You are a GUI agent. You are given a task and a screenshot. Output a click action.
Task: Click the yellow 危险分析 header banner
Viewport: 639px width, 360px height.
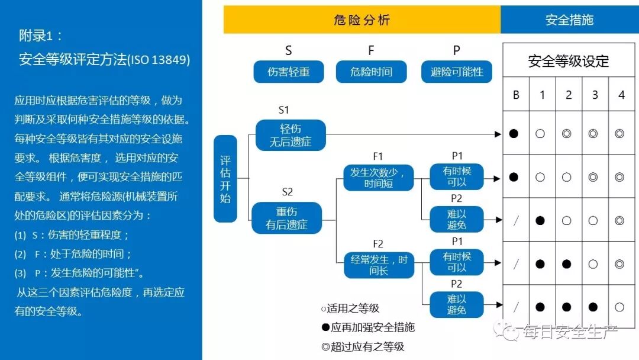coord(362,20)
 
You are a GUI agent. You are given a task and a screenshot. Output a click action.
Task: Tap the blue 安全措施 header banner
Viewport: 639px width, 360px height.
coord(569,20)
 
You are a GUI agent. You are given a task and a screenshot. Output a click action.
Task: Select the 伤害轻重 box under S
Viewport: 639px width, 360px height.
coord(288,72)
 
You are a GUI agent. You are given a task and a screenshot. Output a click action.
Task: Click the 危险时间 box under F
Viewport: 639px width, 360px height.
coord(371,72)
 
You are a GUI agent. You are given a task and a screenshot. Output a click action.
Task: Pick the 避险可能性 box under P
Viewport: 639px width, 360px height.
coord(457,72)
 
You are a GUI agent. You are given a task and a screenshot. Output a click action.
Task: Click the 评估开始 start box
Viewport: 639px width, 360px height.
coord(225,178)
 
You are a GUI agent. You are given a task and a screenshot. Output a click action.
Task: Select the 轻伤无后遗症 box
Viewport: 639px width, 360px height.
coord(291,135)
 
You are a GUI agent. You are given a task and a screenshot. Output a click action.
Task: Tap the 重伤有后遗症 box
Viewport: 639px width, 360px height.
coord(287,218)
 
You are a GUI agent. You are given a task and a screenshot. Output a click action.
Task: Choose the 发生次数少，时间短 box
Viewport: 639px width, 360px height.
coord(378,178)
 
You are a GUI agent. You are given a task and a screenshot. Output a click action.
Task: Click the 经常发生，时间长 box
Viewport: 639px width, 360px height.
coord(379,265)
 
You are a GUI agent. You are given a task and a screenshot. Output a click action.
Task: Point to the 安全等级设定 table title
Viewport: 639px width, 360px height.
coord(569,61)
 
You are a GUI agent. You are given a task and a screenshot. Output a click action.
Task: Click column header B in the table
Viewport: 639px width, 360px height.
coord(516,95)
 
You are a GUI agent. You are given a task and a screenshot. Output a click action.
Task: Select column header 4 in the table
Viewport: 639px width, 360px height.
coord(621,95)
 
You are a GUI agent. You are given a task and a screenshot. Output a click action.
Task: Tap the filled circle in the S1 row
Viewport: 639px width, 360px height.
coord(514,134)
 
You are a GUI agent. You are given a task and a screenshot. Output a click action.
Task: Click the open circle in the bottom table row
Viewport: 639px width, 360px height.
coord(619,307)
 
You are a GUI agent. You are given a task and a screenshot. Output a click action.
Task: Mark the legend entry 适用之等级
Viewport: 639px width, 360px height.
coord(350,308)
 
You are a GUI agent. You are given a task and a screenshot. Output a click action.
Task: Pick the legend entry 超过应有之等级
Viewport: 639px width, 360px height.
coord(363,347)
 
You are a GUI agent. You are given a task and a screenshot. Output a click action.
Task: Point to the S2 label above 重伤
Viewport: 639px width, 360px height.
coord(287,192)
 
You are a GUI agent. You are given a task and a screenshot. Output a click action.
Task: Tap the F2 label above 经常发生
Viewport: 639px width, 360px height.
coord(378,244)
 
